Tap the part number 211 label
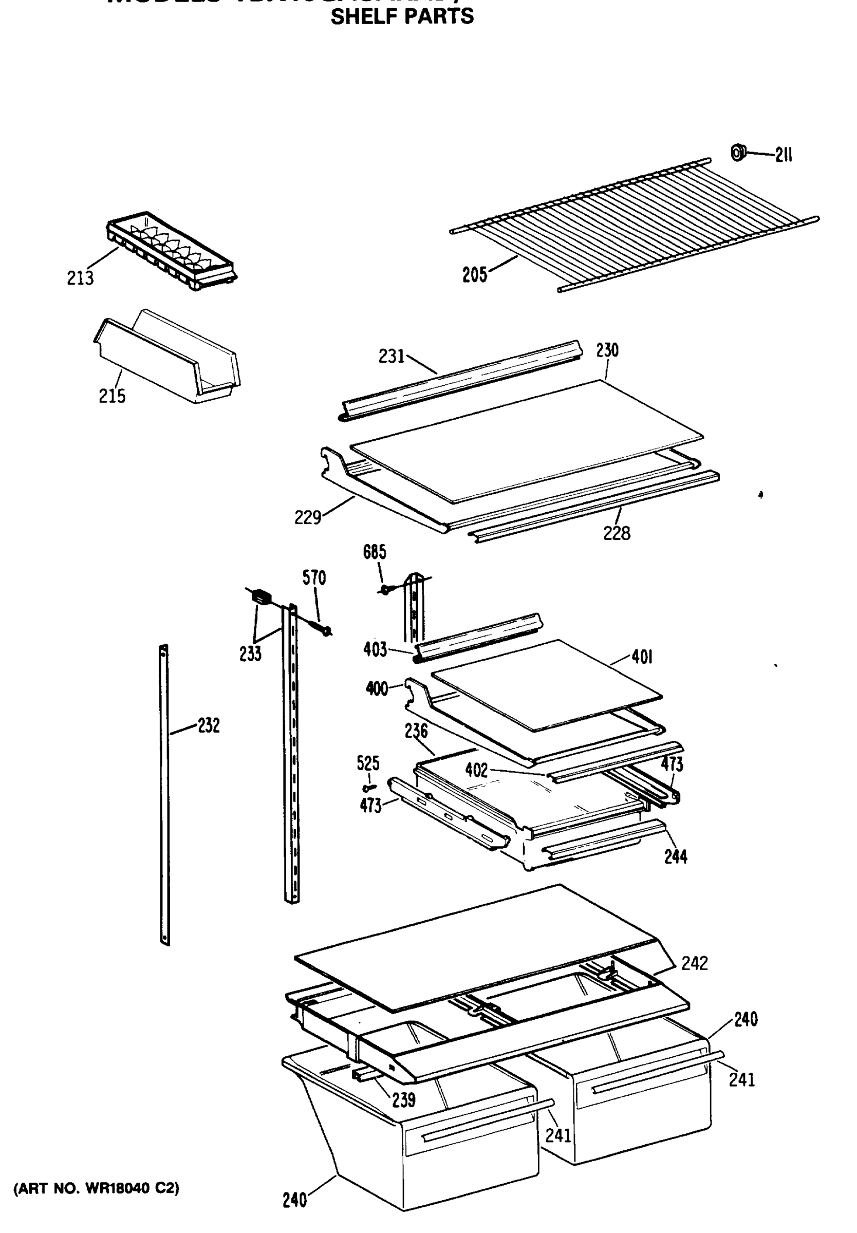784,155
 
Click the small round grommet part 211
738,153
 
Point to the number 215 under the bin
111,396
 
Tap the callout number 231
392,356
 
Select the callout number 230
607,350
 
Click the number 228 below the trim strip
617,533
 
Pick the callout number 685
374,552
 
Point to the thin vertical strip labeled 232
165,794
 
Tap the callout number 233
250,653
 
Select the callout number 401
642,657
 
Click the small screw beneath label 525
368,788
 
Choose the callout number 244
676,857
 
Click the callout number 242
694,963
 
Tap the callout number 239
403,1100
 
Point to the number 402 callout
476,770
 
